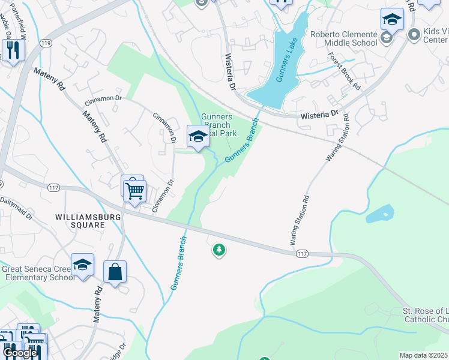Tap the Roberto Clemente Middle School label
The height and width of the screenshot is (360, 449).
point(344,38)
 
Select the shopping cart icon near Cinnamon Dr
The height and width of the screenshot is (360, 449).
point(135,191)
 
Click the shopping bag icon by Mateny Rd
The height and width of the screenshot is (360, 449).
point(115,272)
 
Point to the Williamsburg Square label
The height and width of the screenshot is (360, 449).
point(88,220)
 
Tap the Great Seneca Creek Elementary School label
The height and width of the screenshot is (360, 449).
point(38,274)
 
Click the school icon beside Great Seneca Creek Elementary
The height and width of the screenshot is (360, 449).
point(82,265)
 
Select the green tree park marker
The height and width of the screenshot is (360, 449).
point(219,250)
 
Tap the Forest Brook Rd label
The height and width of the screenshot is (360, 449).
point(344,71)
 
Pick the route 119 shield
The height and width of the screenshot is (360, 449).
point(46,43)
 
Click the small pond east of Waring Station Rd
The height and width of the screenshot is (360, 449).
point(379,214)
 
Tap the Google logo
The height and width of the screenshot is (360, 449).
point(20,353)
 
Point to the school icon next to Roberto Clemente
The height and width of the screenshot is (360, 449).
point(392,20)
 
